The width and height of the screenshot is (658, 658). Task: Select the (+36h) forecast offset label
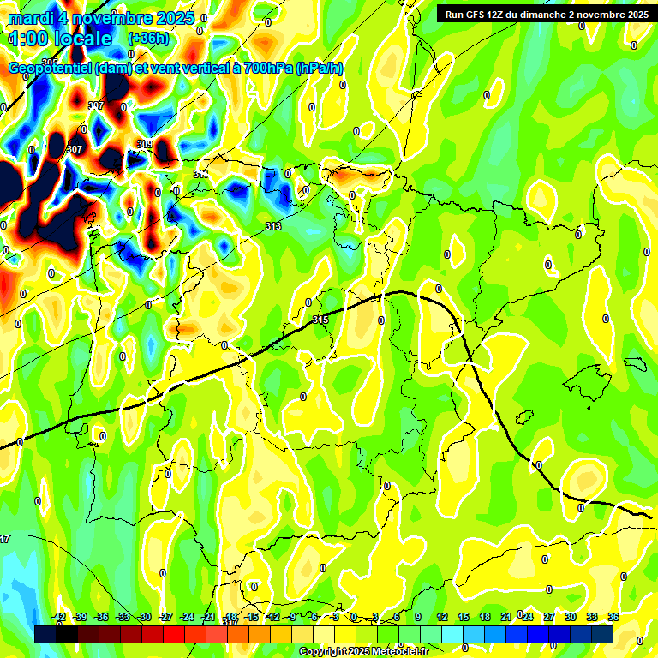click(x=147, y=39)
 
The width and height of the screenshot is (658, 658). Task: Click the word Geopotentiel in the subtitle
click(x=51, y=69)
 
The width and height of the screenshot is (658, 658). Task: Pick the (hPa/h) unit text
click(x=320, y=69)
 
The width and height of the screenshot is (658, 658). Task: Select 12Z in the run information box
click(x=501, y=14)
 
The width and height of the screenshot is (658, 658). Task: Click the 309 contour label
click(x=145, y=144)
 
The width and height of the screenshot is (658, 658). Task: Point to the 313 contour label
click(x=273, y=226)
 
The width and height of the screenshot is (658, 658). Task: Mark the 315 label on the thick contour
click(x=320, y=320)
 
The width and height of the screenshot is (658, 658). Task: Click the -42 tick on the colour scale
click(x=58, y=618)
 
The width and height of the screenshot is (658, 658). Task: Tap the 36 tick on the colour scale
click(x=613, y=618)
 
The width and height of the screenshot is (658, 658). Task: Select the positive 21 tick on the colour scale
click(x=506, y=618)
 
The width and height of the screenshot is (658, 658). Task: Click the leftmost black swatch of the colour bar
click(x=46, y=634)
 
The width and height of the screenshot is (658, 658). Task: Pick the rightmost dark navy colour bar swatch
click(x=602, y=634)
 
